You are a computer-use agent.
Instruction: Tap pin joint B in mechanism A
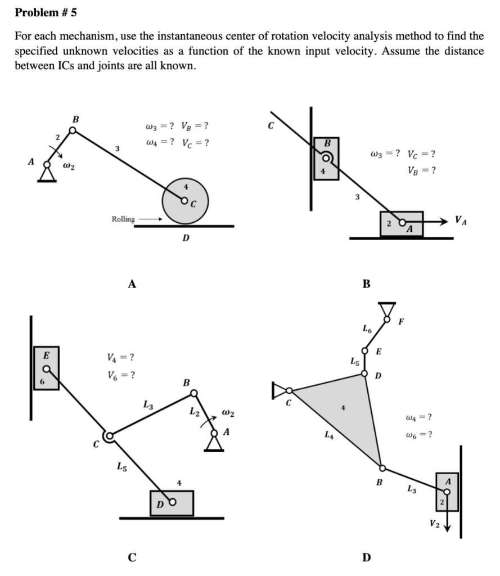coord(73,130)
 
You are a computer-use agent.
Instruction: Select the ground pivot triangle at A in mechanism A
coord(47,174)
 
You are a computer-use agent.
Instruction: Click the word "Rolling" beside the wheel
coord(123,219)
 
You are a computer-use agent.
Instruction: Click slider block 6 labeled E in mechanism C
coord(47,368)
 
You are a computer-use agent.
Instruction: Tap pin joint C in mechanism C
coord(109,435)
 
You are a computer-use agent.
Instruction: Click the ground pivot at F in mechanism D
coord(386,311)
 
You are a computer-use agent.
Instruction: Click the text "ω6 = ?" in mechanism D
coord(418,435)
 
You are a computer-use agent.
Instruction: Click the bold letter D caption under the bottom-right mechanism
coord(366,558)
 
